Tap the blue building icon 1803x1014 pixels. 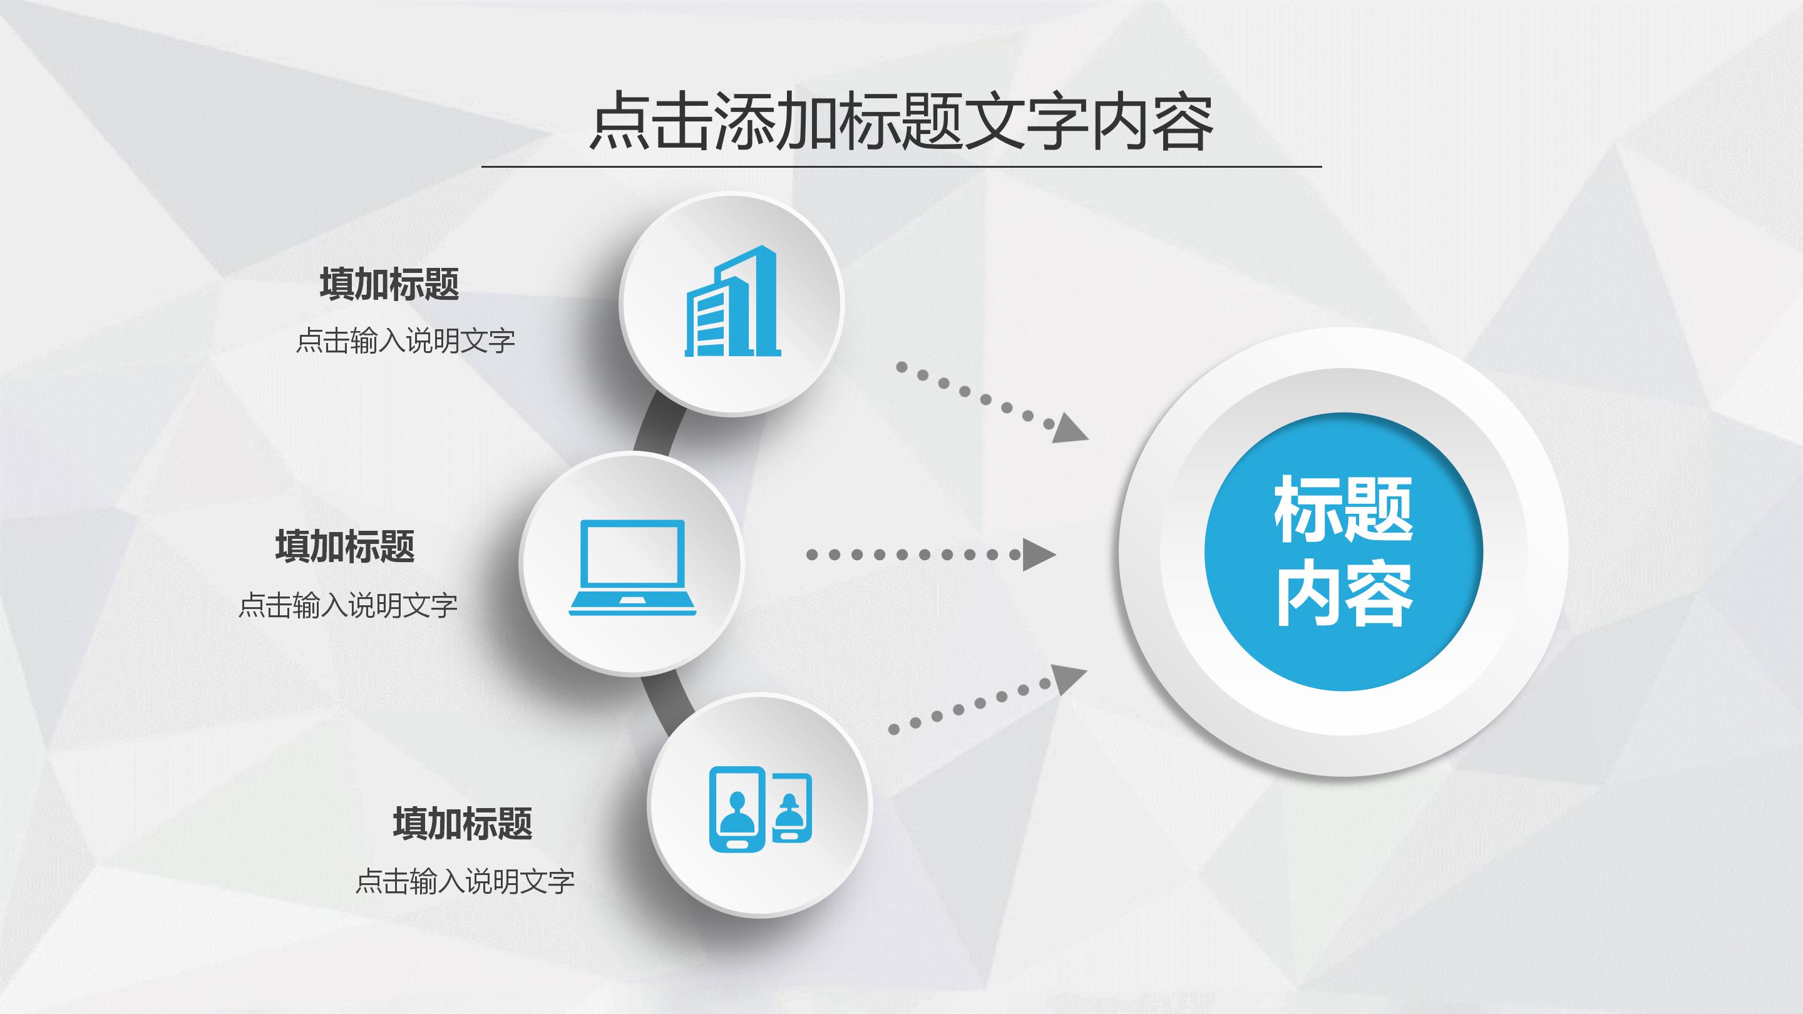[732, 302]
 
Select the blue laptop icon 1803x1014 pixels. [633, 568]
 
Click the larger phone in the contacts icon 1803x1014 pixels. [736, 809]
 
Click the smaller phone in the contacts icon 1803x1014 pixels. [791, 807]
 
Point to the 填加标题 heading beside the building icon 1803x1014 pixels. [389, 284]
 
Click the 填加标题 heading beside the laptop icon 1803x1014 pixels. [344, 546]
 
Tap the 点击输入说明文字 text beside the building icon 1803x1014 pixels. [405, 342]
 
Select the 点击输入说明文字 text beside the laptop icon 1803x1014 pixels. [348, 605]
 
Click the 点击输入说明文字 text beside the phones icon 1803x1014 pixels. [465, 881]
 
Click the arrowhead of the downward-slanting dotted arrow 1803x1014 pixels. [1069, 428]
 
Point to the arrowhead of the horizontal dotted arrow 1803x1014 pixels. [1038, 555]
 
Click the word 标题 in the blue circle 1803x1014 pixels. [1342, 510]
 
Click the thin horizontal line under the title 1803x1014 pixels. [901, 167]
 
